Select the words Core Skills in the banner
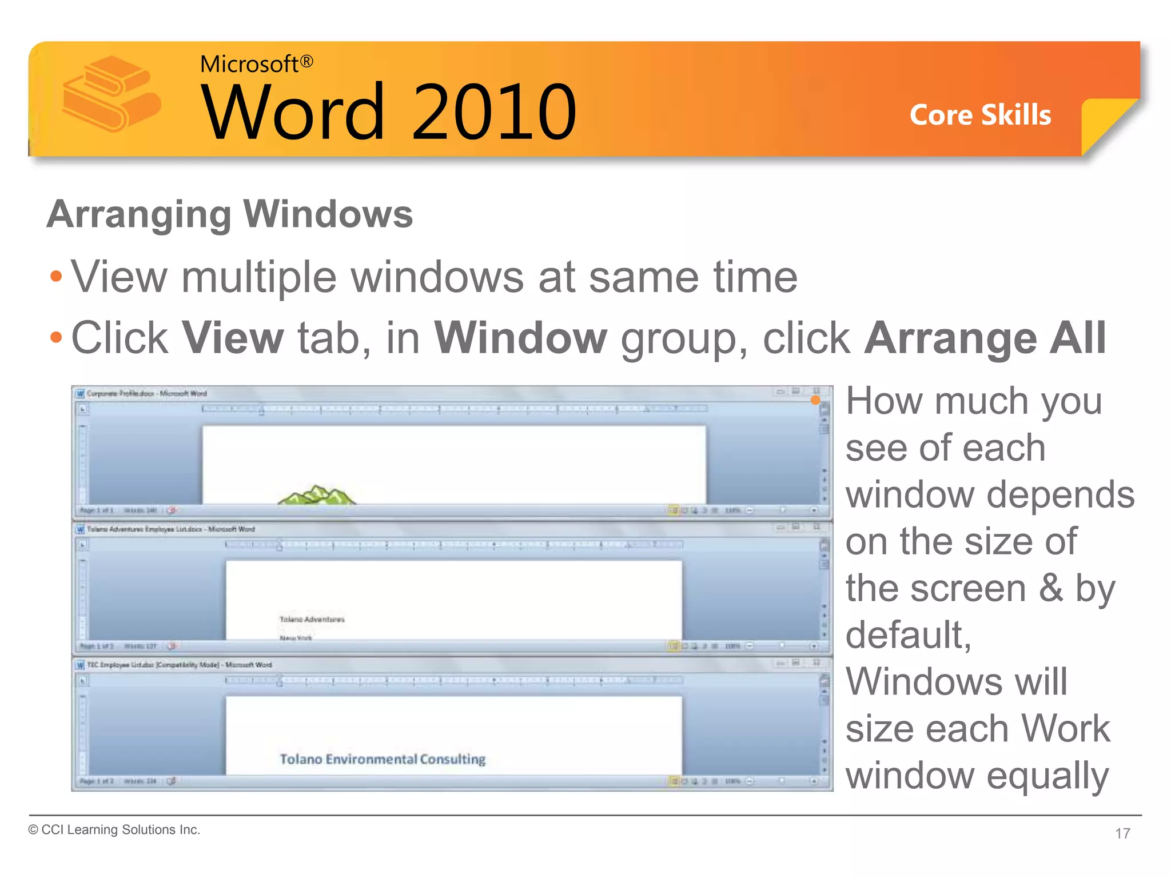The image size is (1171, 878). (x=980, y=115)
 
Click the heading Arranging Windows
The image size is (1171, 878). (x=230, y=214)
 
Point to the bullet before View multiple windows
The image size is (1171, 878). (x=55, y=277)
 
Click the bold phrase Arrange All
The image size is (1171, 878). (x=985, y=338)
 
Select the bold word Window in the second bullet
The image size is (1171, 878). (x=520, y=338)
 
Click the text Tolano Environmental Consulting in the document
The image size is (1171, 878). (x=382, y=759)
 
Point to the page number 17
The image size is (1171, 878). (x=1122, y=833)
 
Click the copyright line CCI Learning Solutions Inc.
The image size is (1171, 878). (x=114, y=829)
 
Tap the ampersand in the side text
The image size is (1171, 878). (x=1051, y=588)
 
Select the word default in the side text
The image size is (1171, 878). (x=908, y=635)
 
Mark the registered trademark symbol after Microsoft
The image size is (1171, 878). (x=306, y=61)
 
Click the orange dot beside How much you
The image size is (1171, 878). (x=815, y=400)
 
